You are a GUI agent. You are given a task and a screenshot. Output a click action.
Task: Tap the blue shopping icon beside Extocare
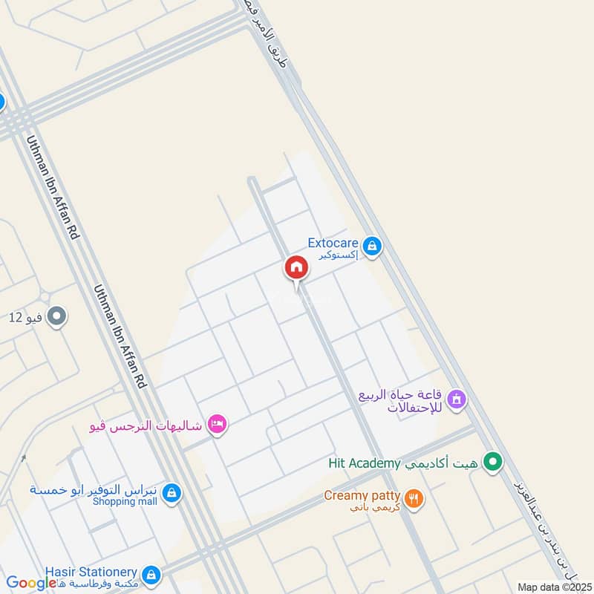373,246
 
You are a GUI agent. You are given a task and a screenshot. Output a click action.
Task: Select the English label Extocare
333,243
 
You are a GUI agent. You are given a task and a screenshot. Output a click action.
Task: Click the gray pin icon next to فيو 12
56,318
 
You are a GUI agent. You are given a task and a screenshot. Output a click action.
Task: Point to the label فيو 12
25,318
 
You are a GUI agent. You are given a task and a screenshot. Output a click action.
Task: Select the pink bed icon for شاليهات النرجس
218,424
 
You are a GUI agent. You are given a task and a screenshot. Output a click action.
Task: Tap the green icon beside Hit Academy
492,463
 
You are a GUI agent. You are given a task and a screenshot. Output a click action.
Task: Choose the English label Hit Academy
365,463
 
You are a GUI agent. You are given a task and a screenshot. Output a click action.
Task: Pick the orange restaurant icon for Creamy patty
415,498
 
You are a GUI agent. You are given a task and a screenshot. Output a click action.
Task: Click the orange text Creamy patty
362,495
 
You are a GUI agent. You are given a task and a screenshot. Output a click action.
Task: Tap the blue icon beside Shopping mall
172,492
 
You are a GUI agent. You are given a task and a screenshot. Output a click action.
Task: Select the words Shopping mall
125,501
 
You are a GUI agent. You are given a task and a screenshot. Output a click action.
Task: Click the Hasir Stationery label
91,572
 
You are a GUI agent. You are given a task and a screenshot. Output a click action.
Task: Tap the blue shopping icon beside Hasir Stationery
151,574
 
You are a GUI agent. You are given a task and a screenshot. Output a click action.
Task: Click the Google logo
30,584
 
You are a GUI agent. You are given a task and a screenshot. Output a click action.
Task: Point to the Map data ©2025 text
553,587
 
